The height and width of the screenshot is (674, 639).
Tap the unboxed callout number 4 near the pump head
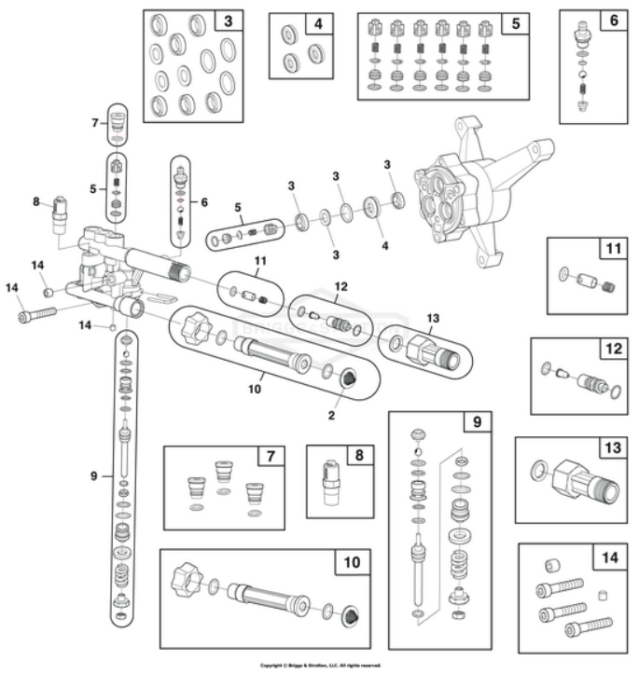(383, 247)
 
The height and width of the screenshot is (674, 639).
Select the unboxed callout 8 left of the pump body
(36, 200)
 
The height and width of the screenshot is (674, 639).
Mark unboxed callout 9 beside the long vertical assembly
(94, 476)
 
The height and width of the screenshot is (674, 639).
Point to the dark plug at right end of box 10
(352, 617)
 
